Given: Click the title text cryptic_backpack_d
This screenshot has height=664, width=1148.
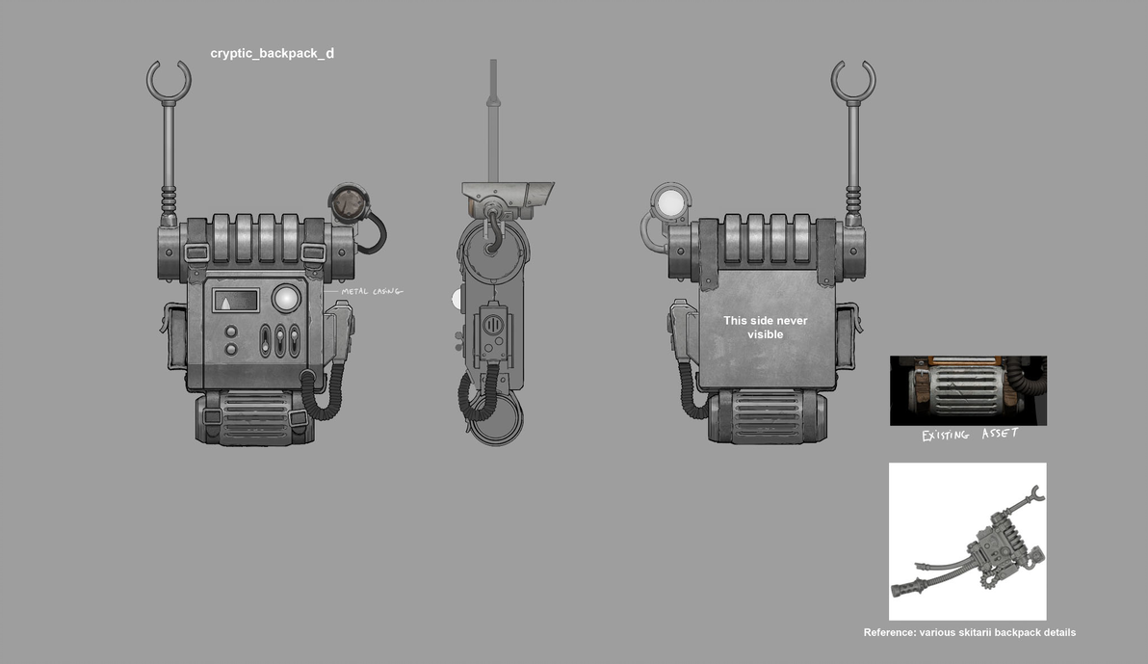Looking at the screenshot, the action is (x=273, y=54).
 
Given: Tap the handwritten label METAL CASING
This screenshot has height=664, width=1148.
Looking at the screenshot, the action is (x=372, y=292).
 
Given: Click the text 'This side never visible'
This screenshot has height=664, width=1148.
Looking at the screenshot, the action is (x=765, y=328).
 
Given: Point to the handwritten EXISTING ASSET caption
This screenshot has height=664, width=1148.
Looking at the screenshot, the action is (x=970, y=435).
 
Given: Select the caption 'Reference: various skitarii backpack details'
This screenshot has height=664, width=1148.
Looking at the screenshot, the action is (x=970, y=632).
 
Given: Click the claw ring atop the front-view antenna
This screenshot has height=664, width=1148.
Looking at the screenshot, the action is (x=169, y=82).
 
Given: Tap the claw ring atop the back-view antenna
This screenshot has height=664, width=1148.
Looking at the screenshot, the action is (x=853, y=82).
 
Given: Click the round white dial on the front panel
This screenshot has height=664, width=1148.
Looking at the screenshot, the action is (x=285, y=299).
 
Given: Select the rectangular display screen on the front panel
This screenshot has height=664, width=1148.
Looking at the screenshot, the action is (x=236, y=301).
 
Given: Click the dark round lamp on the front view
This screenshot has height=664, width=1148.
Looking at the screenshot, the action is (x=349, y=203).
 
